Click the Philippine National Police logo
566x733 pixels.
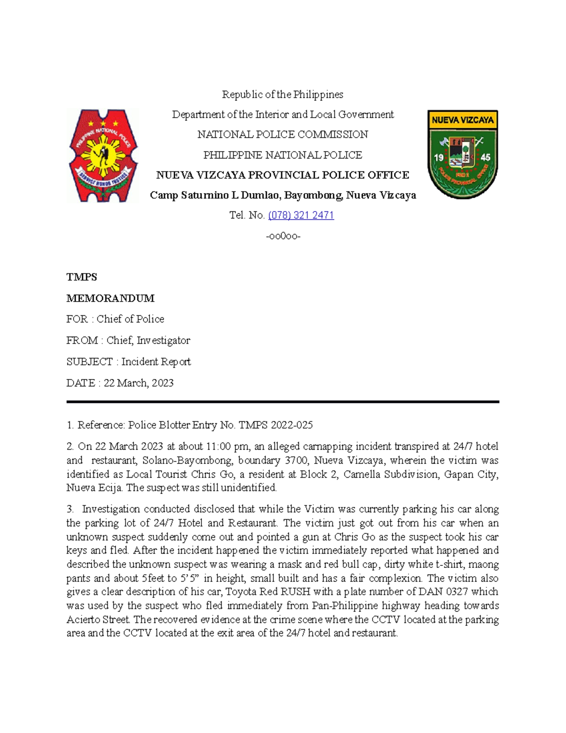pos(103,155)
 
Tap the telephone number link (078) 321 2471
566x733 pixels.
pos(301,215)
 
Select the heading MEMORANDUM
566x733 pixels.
pos(110,298)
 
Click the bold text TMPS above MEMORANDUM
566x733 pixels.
pos(82,277)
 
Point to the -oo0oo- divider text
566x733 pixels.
pos(283,236)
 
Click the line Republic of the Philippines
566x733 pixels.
pos(283,94)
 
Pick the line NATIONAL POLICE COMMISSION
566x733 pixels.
pos(283,135)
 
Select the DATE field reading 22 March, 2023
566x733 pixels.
pos(120,383)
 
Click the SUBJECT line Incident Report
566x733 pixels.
pos(128,362)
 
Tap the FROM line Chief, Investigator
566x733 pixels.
pos(128,340)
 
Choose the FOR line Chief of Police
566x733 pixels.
pos(115,319)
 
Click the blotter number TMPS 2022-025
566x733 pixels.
pos(275,425)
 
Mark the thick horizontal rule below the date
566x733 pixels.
pos(283,402)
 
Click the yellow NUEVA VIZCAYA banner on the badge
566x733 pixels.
pos(462,120)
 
